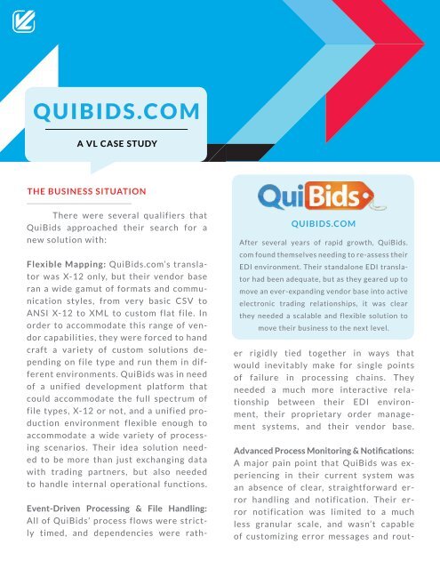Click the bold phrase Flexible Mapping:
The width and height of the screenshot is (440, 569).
(x=61, y=264)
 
